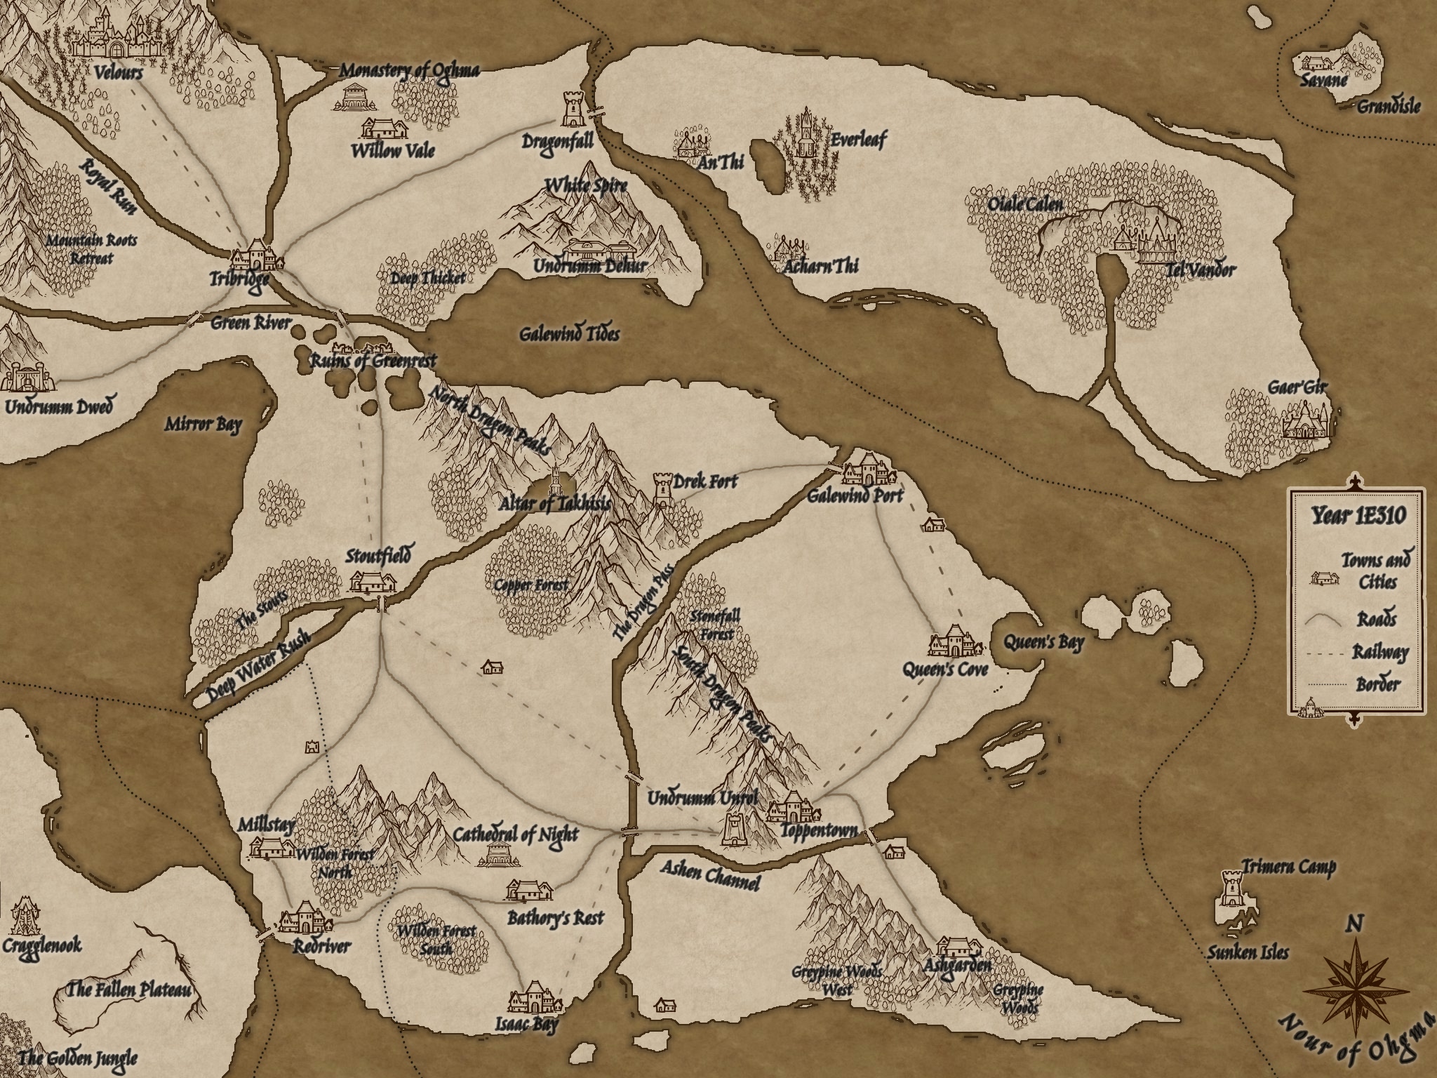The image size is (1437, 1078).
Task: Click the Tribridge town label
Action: pyautogui.click(x=239, y=279)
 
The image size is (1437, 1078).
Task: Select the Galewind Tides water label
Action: pyautogui.click(x=569, y=334)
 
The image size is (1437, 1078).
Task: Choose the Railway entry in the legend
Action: pyautogui.click(x=1379, y=653)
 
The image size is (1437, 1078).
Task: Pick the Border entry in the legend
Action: pyautogui.click(x=1378, y=684)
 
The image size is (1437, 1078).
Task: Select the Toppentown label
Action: pyautogui.click(x=819, y=831)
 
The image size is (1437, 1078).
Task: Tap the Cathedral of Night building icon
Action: pyautogui.click(x=500, y=854)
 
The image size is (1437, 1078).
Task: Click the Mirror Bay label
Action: pyautogui.click(x=203, y=425)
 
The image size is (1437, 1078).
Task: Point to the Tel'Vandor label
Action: pyautogui.click(x=1201, y=269)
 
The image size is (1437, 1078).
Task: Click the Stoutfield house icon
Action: pyautogui.click(x=373, y=582)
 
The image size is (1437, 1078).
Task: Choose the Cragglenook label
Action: pyautogui.click(x=41, y=945)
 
